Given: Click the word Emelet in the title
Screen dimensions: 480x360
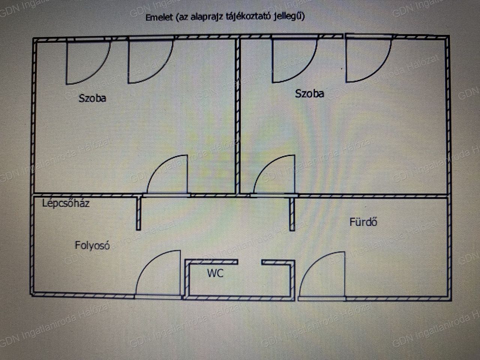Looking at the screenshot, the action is (159, 18).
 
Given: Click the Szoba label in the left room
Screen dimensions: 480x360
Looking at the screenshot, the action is (93, 98).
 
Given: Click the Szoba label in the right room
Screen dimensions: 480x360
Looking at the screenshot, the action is (309, 93).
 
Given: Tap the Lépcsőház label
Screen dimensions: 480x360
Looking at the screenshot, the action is (66, 203).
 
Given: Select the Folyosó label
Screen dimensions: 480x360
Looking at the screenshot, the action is (92, 246).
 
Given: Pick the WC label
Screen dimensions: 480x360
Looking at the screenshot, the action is (215, 273).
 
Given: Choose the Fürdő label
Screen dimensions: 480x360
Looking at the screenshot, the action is (363, 222).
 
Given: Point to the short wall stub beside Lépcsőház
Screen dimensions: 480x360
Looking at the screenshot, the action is (138, 213).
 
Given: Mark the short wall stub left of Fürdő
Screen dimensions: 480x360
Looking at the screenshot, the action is (292, 214).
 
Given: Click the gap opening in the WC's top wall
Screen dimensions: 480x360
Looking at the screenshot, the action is (250, 262).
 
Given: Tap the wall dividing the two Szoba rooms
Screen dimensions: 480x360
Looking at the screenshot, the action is (238, 116).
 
